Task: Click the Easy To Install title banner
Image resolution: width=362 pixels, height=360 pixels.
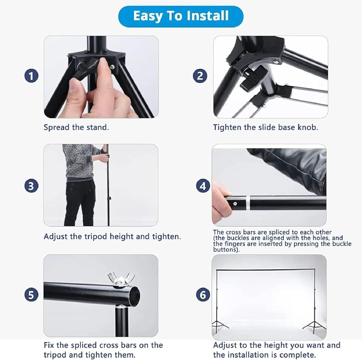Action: [x=181, y=16]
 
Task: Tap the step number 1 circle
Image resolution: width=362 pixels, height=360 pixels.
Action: [x=31, y=76]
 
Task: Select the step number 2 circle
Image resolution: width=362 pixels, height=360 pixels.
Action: [x=200, y=76]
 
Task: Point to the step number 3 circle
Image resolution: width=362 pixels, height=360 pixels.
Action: [x=31, y=186]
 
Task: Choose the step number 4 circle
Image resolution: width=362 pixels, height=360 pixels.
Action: [x=203, y=186]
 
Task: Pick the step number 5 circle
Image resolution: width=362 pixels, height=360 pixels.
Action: [x=31, y=295]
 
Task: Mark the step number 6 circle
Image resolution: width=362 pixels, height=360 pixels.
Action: [x=203, y=295]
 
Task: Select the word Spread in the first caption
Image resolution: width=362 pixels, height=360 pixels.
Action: [x=57, y=127]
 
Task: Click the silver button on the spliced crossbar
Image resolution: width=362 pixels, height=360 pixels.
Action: [x=235, y=204]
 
